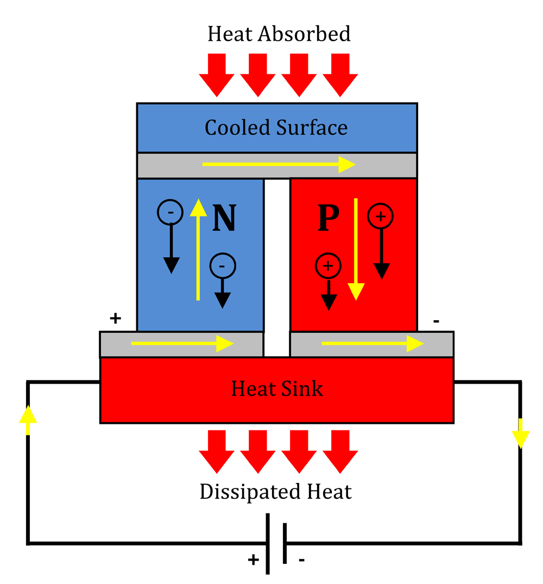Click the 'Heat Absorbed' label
[279, 34]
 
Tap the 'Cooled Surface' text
[276, 128]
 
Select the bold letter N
[224, 218]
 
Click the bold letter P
[328, 218]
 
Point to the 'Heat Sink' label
[277, 389]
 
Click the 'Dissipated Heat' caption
[276, 492]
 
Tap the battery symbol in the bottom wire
[276, 543]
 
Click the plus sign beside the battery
[253, 560]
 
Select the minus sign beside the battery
[301, 560]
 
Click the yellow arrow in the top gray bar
[279, 164]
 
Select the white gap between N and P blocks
[276, 266]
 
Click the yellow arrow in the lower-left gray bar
[182, 343]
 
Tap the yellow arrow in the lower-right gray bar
[372, 343]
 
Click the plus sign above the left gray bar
[115, 319]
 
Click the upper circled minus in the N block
[171, 213]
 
